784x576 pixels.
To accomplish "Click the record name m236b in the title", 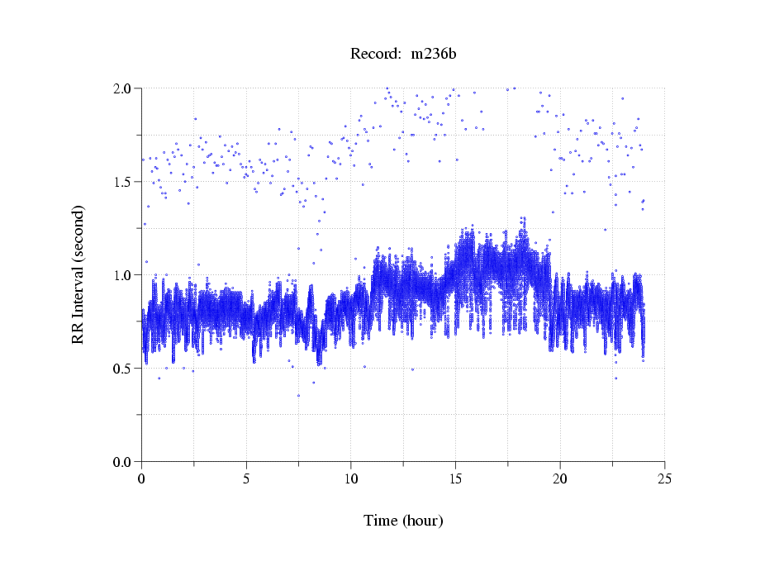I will tap(428, 54).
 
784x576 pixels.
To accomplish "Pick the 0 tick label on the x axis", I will tap(141, 478).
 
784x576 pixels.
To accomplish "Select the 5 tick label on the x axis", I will tap(246, 478).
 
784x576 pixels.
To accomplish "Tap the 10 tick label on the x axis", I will tap(351, 478).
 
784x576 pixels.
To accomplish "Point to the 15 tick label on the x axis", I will tap(455, 478).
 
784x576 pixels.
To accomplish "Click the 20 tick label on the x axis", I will tap(560, 478).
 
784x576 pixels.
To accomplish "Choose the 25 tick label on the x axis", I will tap(665, 478).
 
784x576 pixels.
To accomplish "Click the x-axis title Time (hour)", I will tap(403, 521).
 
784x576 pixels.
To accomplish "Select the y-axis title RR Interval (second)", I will tap(78, 274).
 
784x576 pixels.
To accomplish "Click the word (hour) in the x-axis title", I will tap(422, 521).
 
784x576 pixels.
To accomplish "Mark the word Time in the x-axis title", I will tap(380, 521).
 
